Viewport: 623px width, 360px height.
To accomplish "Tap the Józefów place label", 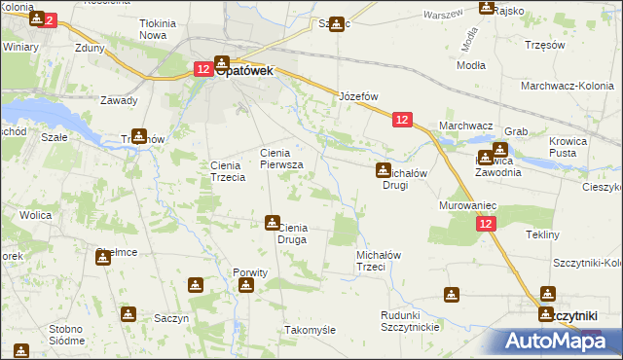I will point(357,97).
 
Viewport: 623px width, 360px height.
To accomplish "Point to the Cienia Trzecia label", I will point(235,171).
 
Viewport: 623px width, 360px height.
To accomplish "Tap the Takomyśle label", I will point(310,330).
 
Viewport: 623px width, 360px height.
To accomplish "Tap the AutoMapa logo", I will point(554,341).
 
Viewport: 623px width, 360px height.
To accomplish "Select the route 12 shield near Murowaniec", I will point(487,224).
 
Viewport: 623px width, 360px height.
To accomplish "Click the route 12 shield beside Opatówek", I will point(202,69).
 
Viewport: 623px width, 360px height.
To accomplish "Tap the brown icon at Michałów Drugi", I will point(384,170).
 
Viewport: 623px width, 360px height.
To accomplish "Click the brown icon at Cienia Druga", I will point(273,223).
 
